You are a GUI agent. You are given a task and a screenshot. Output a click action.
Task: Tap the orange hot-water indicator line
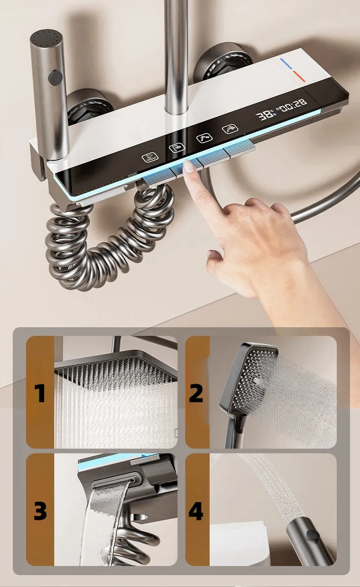point(299,76)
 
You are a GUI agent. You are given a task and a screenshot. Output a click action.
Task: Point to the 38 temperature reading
point(264,115)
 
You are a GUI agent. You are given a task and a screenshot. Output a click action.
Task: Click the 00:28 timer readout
point(294,105)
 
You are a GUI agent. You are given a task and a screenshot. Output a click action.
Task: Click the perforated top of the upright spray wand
point(46,40)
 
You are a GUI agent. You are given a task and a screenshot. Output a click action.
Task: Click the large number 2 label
point(196,393)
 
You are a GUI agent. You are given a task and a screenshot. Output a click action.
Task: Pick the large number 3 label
point(40,511)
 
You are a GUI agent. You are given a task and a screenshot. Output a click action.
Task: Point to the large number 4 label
point(196,511)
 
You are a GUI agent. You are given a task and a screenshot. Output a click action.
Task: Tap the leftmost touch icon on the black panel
point(150,158)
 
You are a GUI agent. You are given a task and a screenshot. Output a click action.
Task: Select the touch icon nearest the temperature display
point(230,128)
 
